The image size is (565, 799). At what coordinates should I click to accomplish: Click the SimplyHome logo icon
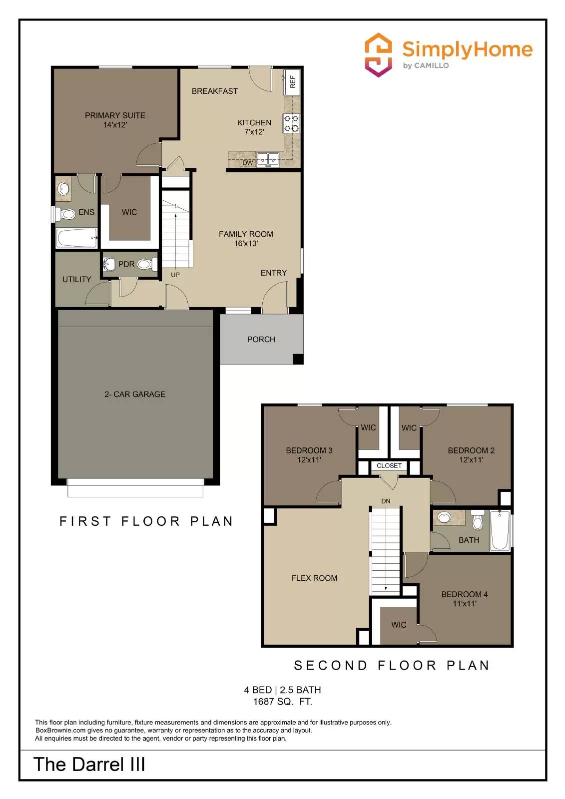[378, 55]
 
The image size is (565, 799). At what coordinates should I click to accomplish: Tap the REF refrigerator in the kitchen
[292, 81]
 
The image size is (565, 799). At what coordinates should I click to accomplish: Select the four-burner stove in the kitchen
[291, 123]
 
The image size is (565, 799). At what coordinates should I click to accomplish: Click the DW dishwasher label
[248, 163]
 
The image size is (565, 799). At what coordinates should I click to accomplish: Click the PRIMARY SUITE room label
[115, 115]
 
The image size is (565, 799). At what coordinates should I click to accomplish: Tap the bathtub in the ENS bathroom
[76, 238]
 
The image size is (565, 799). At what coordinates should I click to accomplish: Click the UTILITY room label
[76, 280]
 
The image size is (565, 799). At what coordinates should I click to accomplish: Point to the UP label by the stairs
[175, 275]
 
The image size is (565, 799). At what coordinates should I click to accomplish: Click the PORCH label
[261, 340]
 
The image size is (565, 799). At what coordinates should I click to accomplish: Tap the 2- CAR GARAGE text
[135, 395]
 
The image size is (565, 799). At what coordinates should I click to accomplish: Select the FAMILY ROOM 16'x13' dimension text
[246, 244]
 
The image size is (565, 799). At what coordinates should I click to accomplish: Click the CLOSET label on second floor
[389, 466]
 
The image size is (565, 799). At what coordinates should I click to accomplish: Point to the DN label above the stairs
[386, 501]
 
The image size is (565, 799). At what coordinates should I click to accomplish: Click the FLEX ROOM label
[314, 578]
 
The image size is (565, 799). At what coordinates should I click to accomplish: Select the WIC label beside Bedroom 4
[399, 625]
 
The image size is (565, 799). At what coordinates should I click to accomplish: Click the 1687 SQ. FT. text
[282, 702]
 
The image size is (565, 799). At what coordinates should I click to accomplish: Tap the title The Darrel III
[89, 765]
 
